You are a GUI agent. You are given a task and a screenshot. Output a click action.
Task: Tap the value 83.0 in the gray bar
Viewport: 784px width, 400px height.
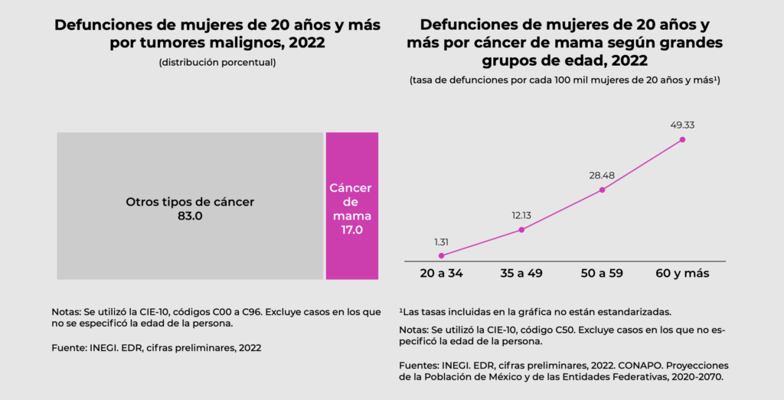coord(190,216)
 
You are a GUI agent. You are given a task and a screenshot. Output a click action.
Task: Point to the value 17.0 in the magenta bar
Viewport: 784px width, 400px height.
coord(351,229)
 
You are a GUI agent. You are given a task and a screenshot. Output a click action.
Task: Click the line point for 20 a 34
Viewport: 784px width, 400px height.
coord(441,255)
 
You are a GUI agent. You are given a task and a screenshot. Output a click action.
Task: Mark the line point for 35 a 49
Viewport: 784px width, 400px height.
coord(521,229)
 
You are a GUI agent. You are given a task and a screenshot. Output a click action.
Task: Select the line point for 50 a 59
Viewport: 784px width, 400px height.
coord(602,190)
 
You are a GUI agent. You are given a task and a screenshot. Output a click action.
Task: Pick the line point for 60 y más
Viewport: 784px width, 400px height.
coord(682,139)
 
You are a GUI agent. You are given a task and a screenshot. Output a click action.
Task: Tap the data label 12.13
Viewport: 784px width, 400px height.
coord(521,215)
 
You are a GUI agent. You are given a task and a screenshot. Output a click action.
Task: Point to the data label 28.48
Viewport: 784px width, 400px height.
coord(602,175)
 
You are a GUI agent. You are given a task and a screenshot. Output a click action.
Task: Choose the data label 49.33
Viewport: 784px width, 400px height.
coord(682,125)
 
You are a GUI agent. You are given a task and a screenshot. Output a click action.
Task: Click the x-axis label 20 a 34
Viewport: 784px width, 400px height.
coord(441,273)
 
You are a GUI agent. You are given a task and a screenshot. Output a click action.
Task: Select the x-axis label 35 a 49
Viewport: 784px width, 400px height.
coord(521,273)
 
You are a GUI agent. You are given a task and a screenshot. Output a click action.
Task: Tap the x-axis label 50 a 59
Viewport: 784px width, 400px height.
coord(602,273)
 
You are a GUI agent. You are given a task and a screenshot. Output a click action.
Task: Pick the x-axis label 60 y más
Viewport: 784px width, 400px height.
coord(682,273)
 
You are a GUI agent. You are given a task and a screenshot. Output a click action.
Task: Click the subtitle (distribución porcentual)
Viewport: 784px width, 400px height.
coord(217,62)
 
